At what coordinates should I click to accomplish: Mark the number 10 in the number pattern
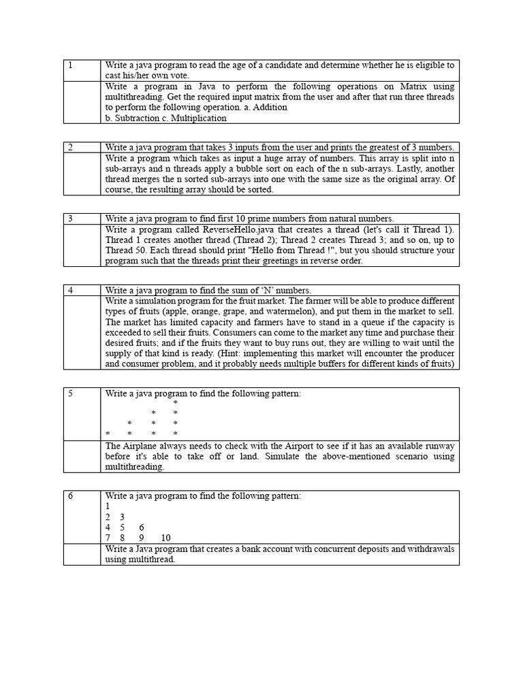pyautogui.click(x=165, y=538)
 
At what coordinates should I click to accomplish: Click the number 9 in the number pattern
pyautogui.click(x=142, y=538)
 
